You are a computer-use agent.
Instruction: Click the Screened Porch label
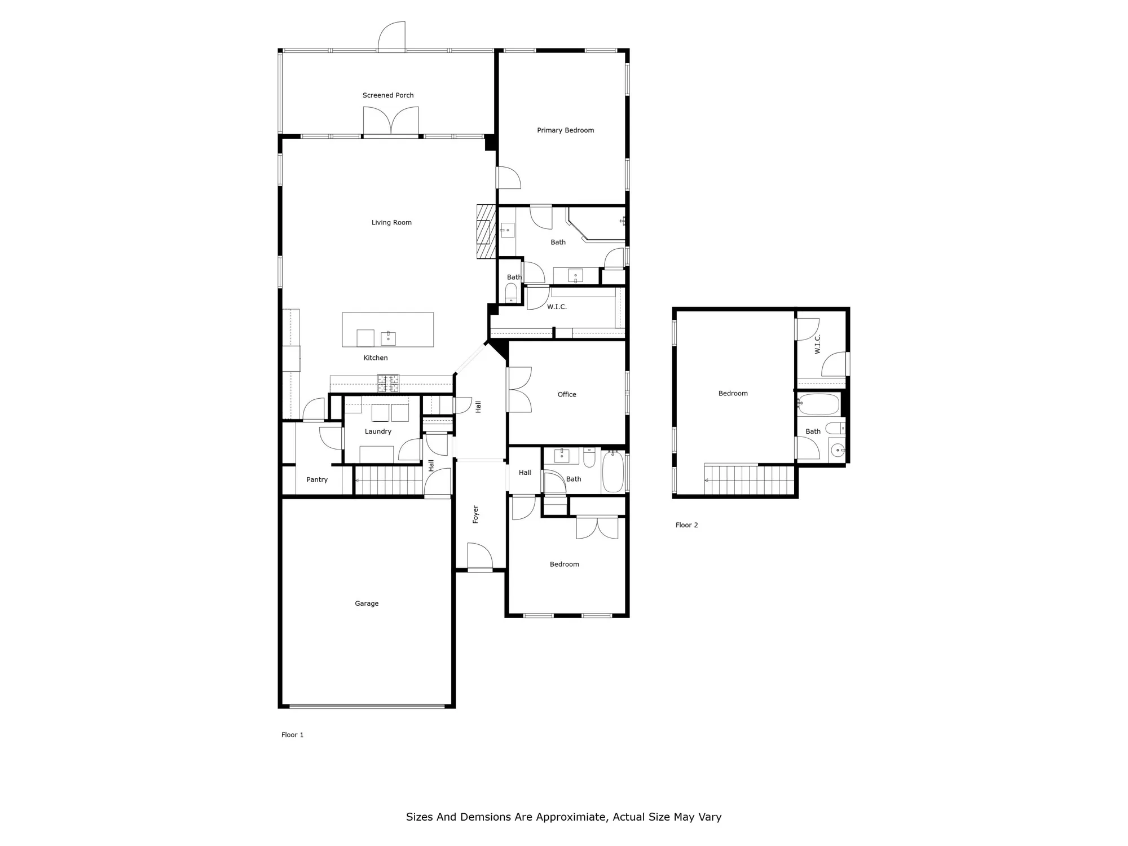coord(388,95)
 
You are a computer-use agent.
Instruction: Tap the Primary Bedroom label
coord(565,130)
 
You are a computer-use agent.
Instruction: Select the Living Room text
coord(391,222)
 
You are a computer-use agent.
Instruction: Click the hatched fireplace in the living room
coord(486,231)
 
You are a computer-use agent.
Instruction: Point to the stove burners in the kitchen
coord(388,383)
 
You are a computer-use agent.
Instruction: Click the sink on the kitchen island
coord(388,338)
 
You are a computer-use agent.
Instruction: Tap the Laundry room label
coord(378,431)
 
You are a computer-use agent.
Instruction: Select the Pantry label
coord(317,479)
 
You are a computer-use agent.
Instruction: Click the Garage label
coord(367,603)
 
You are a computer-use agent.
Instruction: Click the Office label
coord(567,394)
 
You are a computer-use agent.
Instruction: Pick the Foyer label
coord(475,514)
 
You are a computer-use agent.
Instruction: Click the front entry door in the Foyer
coord(479,557)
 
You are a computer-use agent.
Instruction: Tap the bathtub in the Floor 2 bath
coord(819,404)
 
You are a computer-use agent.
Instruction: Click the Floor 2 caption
coord(686,525)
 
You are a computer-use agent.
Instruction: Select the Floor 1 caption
coord(292,735)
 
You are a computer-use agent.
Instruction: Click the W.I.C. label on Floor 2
coord(818,344)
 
